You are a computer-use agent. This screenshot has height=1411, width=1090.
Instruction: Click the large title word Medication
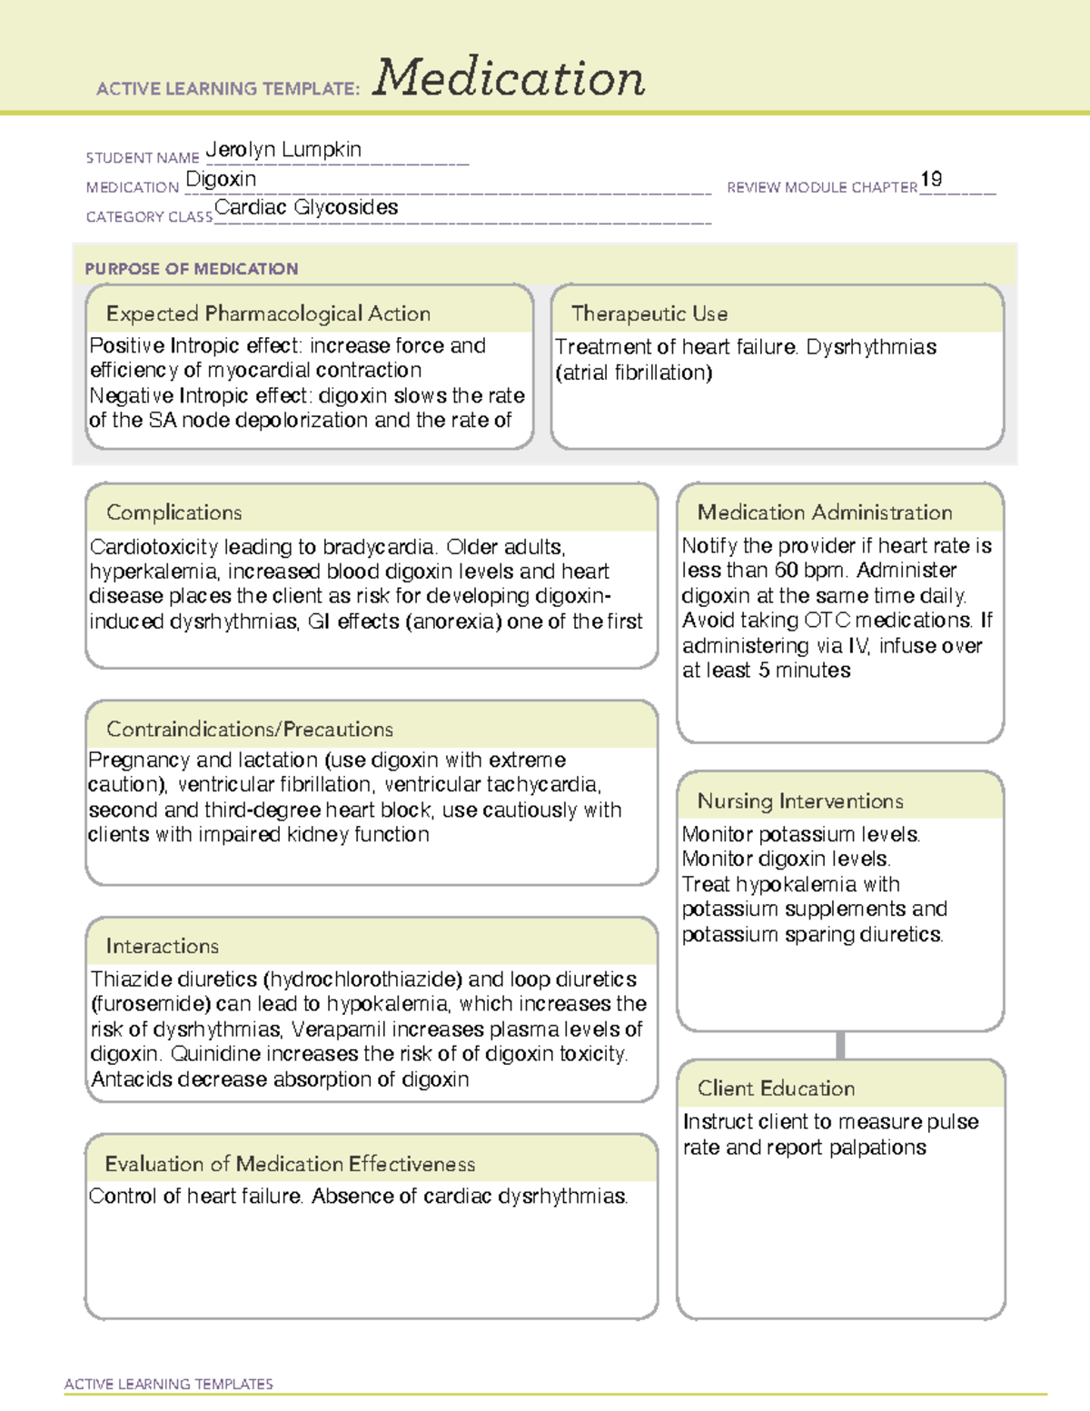[509, 78]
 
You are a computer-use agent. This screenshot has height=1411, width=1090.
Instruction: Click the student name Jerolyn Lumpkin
[283, 150]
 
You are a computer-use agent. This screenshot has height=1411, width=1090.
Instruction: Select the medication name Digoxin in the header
[221, 180]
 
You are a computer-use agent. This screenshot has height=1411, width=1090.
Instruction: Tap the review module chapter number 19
[931, 179]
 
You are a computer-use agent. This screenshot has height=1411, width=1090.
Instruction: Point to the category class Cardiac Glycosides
[306, 208]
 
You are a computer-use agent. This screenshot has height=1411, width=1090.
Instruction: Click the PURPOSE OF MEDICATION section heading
[192, 269]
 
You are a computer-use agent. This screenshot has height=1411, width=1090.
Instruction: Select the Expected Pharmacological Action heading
[268, 313]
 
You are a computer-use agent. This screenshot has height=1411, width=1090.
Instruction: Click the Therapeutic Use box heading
[649, 313]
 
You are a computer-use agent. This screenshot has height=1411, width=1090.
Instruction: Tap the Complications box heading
[174, 512]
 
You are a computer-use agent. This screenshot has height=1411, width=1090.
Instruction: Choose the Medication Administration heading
[825, 512]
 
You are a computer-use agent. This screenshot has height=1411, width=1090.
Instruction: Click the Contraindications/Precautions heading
[250, 729]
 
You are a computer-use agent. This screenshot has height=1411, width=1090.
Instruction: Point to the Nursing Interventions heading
[800, 800]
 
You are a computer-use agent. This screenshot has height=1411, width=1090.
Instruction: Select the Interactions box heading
[163, 946]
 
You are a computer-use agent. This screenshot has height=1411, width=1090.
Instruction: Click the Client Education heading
[776, 1088]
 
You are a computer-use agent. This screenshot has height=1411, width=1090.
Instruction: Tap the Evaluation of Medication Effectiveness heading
[290, 1164]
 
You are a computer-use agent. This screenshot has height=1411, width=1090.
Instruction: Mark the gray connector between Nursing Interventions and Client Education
[840, 1045]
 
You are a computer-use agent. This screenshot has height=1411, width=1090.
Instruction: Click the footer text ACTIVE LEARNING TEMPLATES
[169, 1384]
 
